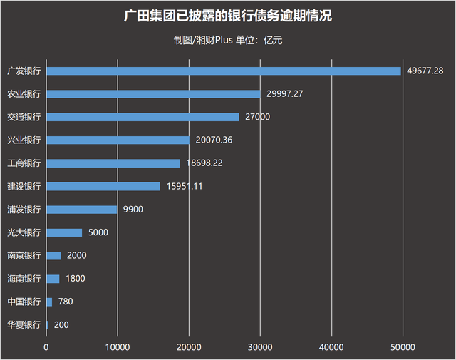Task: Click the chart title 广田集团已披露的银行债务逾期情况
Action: tap(227, 16)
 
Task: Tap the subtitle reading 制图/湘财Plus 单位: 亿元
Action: tap(227, 40)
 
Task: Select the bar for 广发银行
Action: tap(223, 71)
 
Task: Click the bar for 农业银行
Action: tap(153, 93)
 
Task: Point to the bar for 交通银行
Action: tap(142, 117)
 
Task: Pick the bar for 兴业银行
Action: tap(118, 140)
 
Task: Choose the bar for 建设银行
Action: tap(103, 186)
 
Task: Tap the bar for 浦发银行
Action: tap(82, 210)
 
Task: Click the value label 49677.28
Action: tap(425, 71)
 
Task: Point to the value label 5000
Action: tap(98, 232)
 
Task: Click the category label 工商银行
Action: tap(24, 163)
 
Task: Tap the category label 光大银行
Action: tap(24, 232)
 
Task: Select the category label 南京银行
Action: tap(24, 255)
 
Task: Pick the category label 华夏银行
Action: tap(24, 325)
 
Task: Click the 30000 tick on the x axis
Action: tap(260, 347)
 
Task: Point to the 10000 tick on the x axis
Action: tap(118, 347)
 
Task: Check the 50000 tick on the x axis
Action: tap(403, 347)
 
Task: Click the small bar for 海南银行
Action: tap(53, 279)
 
